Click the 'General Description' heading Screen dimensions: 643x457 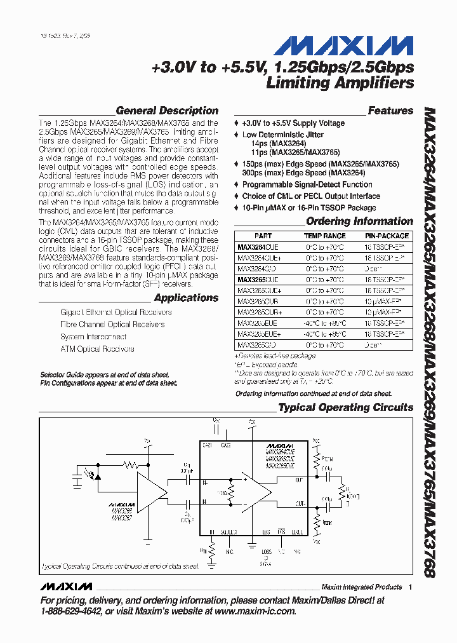click(167, 111)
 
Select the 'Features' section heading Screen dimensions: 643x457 click(390, 111)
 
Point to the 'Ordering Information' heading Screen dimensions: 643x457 click(359, 221)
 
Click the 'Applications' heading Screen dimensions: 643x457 click(186, 298)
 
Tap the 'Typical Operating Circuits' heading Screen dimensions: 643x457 click(346, 407)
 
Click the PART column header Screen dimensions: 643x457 click(263, 236)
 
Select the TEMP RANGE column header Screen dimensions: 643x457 click(325, 236)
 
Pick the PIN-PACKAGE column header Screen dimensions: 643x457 click(387, 236)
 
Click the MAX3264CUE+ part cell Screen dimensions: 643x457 click(259, 257)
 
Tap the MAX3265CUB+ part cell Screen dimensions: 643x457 click(259, 312)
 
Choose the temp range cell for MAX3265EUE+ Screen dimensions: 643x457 click(325, 334)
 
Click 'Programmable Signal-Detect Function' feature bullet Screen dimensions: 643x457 click(307, 184)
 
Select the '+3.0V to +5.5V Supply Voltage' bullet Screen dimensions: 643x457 click(293, 123)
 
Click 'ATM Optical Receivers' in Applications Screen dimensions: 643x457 click(97, 349)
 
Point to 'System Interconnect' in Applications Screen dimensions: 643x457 click(93, 337)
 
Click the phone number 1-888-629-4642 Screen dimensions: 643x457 click(70, 611)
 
